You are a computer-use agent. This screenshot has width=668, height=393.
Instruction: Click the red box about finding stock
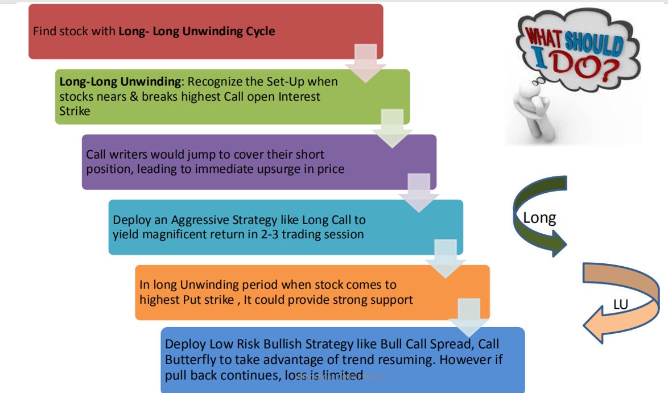[x=171, y=31]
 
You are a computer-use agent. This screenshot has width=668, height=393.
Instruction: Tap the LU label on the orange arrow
[x=620, y=305]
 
